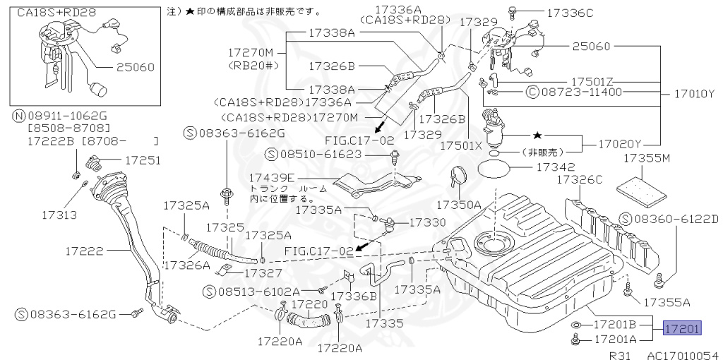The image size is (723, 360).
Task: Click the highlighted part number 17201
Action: click(x=681, y=328)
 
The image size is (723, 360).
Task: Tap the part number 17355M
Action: click(x=645, y=160)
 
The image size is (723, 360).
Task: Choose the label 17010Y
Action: click(x=691, y=92)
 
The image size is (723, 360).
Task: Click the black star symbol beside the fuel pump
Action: click(x=537, y=134)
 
